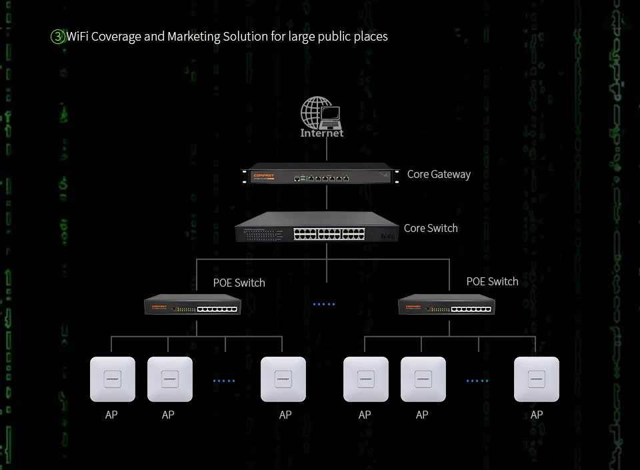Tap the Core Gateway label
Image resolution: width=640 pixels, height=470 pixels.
pos(439,175)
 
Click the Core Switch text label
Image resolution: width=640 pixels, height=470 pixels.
pos(431,228)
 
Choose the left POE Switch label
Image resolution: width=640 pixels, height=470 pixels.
pos(239,283)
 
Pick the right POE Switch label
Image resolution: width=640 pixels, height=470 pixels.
pos(492,281)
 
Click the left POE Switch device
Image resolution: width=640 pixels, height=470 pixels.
pos(193,305)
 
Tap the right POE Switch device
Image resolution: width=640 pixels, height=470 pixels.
pos(446,305)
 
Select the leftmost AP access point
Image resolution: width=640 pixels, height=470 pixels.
pos(113,379)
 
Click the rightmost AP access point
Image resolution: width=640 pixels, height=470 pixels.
pos(537,379)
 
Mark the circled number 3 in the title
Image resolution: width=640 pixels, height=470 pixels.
pos(57,37)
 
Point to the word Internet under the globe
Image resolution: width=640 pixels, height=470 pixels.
pos(322,133)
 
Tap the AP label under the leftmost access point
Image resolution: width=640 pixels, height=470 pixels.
pos(111,415)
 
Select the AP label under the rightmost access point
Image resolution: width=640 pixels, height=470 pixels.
pos(537,415)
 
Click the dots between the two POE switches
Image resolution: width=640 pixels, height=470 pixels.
pos(324,305)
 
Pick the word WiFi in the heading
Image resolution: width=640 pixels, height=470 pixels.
pos(77,36)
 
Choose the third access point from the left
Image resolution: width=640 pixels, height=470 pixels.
pos(283,379)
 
